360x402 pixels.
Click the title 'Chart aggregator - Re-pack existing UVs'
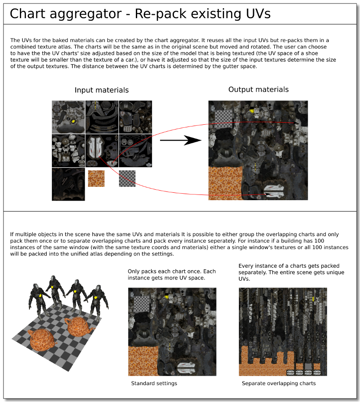tap(140, 14)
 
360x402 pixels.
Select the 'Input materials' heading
tap(102, 90)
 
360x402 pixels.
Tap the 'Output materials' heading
tap(258, 90)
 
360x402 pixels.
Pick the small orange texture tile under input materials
tap(96, 178)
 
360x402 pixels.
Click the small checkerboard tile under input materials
tap(127, 178)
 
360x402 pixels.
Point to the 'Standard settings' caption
tap(154, 383)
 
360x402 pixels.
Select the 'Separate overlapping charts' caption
tap(279, 383)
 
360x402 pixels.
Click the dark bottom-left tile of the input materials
tap(68, 184)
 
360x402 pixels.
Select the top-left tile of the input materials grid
tap(68, 117)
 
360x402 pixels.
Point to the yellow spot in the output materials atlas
tap(251, 111)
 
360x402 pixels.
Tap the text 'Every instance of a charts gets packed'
tap(289, 266)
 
